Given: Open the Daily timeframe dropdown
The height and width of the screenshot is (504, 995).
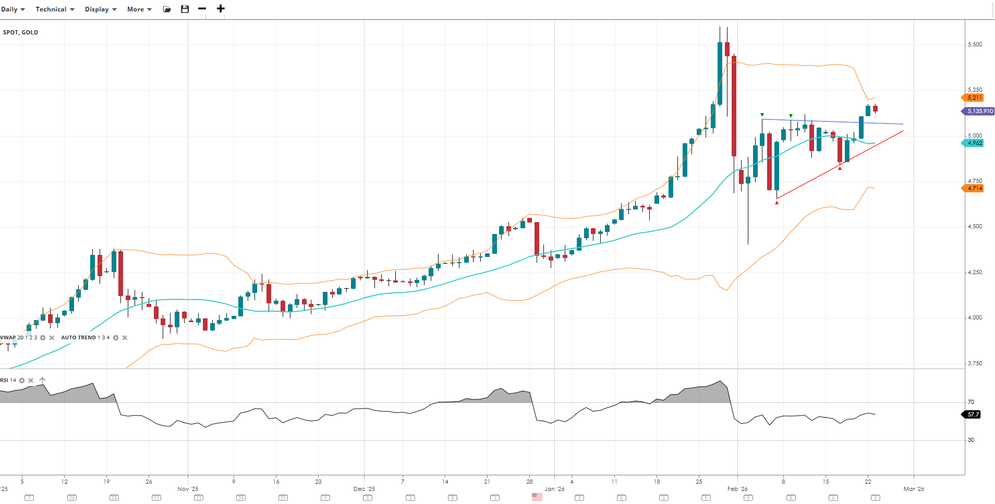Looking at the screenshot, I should [x=13, y=9].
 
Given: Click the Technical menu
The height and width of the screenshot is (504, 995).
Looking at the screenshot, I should [x=55, y=9].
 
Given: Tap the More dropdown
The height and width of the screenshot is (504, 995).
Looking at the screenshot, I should [x=139, y=9].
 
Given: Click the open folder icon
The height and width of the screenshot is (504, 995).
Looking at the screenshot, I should [x=167, y=9].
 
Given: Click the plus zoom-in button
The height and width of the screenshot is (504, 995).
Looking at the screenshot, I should [x=221, y=9].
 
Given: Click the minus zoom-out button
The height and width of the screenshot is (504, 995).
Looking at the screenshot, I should [x=202, y=9].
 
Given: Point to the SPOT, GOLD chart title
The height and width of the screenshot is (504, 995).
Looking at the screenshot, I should [x=21, y=32].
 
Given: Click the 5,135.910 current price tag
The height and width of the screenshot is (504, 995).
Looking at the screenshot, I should [x=979, y=111].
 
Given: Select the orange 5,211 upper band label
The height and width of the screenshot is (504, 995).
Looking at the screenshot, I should [x=974, y=97].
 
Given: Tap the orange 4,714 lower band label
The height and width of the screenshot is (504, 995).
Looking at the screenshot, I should [x=974, y=188].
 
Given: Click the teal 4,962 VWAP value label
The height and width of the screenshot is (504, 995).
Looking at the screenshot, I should [x=974, y=143].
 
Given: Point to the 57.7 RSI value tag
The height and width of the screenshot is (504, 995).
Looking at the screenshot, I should [x=972, y=414].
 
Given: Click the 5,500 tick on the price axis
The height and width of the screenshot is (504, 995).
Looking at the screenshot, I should [x=975, y=45].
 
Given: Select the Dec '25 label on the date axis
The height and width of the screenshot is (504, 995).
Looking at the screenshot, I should [x=364, y=489].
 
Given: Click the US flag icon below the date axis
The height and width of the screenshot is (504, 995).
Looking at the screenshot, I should [x=537, y=497].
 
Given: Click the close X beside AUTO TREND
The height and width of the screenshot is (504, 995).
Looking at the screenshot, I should [x=125, y=338].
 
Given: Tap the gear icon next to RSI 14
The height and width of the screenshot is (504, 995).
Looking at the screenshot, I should [x=22, y=380].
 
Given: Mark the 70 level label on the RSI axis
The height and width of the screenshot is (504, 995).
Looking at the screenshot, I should [x=971, y=402].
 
